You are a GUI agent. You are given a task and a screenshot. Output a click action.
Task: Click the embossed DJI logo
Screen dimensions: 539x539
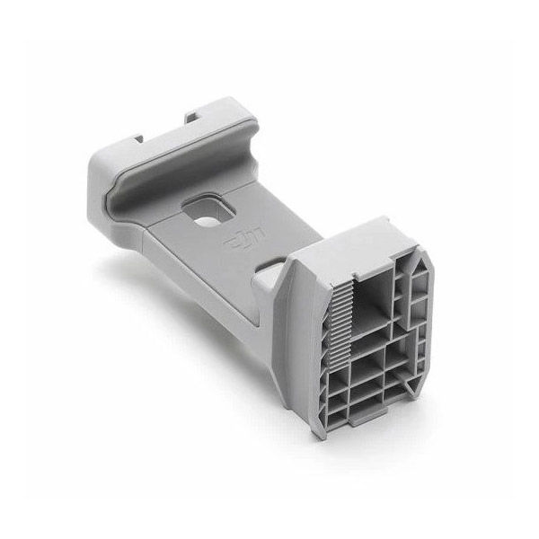coord(243,238)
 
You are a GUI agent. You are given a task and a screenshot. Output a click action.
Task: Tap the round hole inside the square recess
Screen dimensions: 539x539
coord(205,221)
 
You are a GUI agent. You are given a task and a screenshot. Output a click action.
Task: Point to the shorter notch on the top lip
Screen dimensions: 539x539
coord(139,138)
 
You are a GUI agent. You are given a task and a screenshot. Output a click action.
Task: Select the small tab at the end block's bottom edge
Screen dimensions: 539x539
coord(368,416)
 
